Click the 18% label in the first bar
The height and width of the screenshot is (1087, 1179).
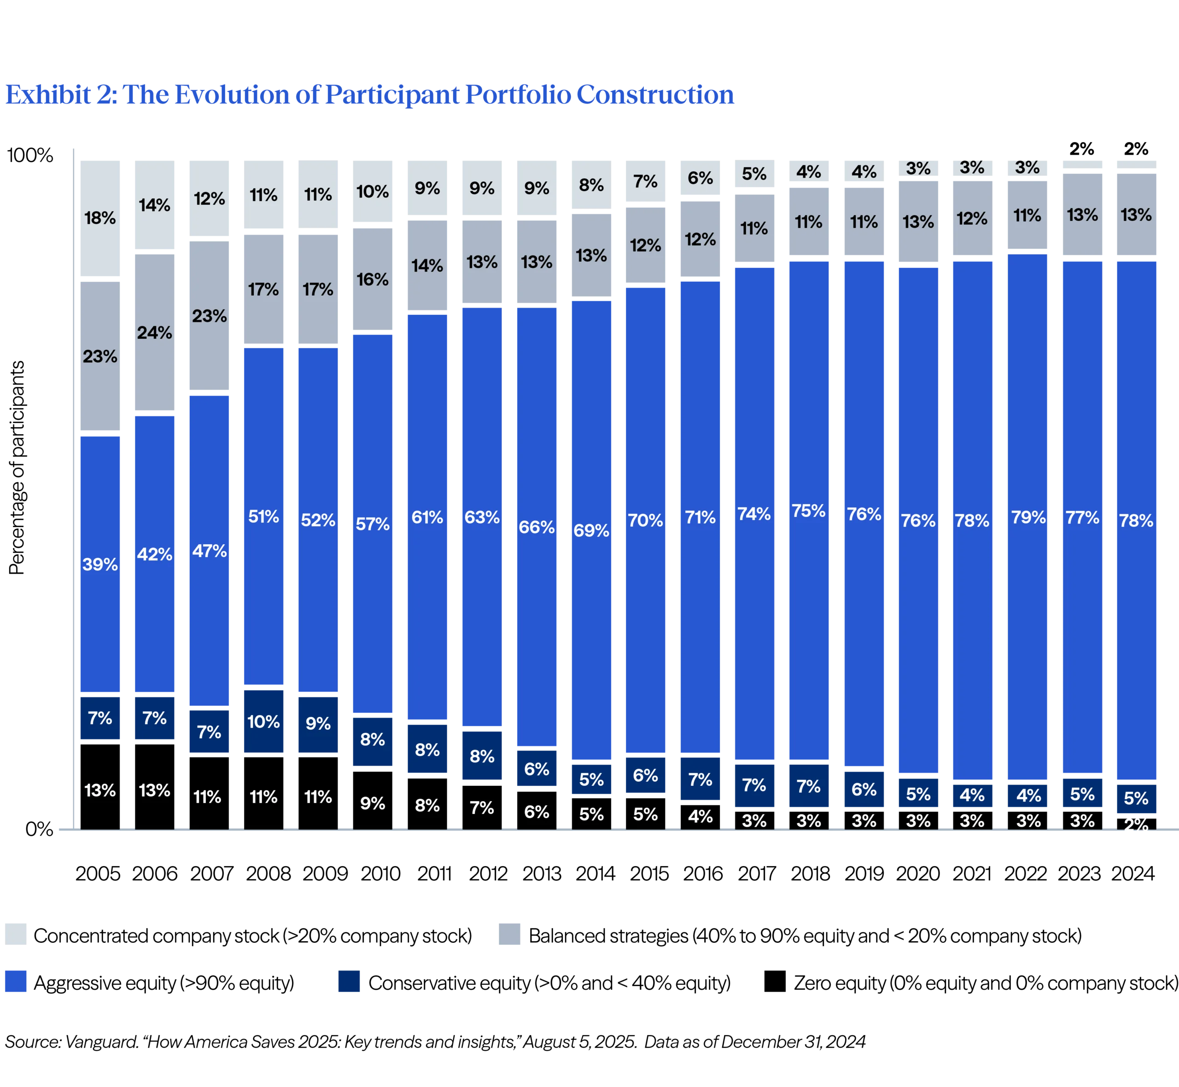pyautogui.click(x=99, y=218)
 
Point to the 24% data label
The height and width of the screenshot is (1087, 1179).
pyautogui.click(x=155, y=333)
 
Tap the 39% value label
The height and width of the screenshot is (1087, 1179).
pyautogui.click(x=99, y=564)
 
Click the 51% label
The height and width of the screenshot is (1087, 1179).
pyautogui.click(x=263, y=517)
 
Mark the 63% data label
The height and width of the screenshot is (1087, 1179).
pyautogui.click(x=482, y=517)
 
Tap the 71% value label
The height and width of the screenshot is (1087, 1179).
pyautogui.click(x=700, y=517)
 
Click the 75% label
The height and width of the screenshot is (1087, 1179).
pyautogui.click(x=808, y=511)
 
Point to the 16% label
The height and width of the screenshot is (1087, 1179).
pyautogui.click(x=373, y=279)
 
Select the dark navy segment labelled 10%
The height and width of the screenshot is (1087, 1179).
pyautogui.click(x=263, y=722)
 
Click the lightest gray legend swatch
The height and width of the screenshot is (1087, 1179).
pyautogui.click(x=17, y=934)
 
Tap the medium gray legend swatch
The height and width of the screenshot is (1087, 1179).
pyautogui.click(x=510, y=934)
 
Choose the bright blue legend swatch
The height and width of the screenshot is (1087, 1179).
pyautogui.click(x=17, y=982)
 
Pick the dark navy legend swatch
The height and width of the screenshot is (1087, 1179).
pyautogui.click(x=348, y=982)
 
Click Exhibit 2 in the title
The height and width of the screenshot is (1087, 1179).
pyautogui.click(x=59, y=95)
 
